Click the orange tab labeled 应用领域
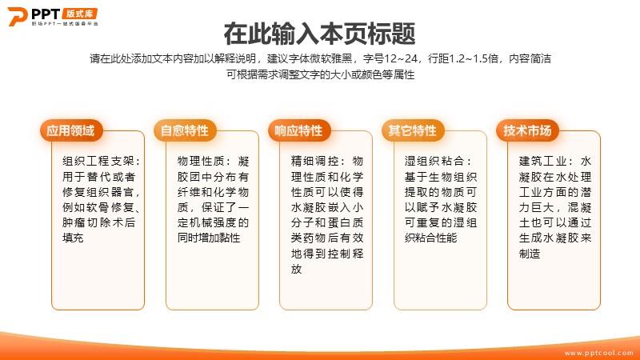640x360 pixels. click(x=71, y=130)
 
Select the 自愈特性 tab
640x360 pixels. click(x=185, y=130)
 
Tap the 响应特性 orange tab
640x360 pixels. click(x=298, y=130)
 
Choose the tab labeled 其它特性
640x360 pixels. click(x=413, y=130)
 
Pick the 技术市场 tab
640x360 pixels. click(x=527, y=130)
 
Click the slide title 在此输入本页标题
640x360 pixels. click(x=319, y=34)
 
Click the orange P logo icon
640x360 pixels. click(x=17, y=16)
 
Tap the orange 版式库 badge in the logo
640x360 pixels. click(x=80, y=14)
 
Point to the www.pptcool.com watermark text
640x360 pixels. click(x=598, y=353)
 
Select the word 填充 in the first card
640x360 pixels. click(x=73, y=238)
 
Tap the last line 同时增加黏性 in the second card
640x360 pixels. click(x=209, y=238)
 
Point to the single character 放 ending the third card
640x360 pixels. click(x=296, y=269)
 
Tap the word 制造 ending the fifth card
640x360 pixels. click(x=530, y=254)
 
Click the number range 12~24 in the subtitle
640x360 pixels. click(x=402, y=58)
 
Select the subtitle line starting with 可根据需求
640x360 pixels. click(x=321, y=74)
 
